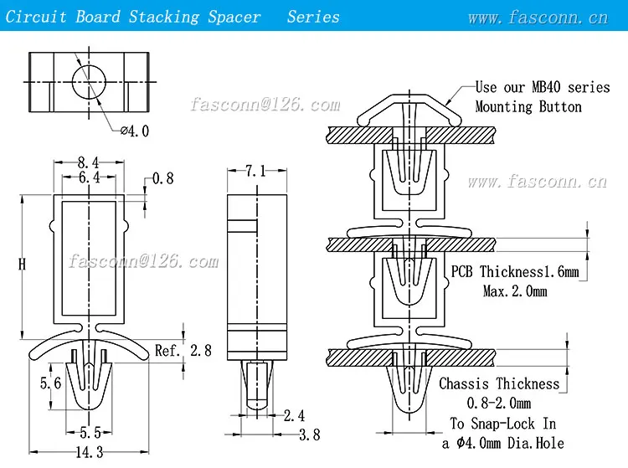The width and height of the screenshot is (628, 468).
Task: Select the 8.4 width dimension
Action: pos(89,163)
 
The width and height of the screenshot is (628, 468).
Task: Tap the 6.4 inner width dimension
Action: pos(89,177)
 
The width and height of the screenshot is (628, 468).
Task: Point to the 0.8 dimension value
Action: pos(163,178)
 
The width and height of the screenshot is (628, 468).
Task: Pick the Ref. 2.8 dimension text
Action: pos(183,350)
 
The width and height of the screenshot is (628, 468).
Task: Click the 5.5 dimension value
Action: pos(89,434)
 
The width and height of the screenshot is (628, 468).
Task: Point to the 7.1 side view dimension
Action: pos(255,171)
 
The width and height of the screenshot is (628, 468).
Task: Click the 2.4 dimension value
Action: pos(293,415)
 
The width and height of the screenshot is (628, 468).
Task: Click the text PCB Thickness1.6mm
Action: pos(515,271)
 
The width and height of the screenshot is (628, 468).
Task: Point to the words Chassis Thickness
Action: pos(499,383)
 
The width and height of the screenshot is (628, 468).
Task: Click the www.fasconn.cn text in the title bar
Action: pos(538,17)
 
